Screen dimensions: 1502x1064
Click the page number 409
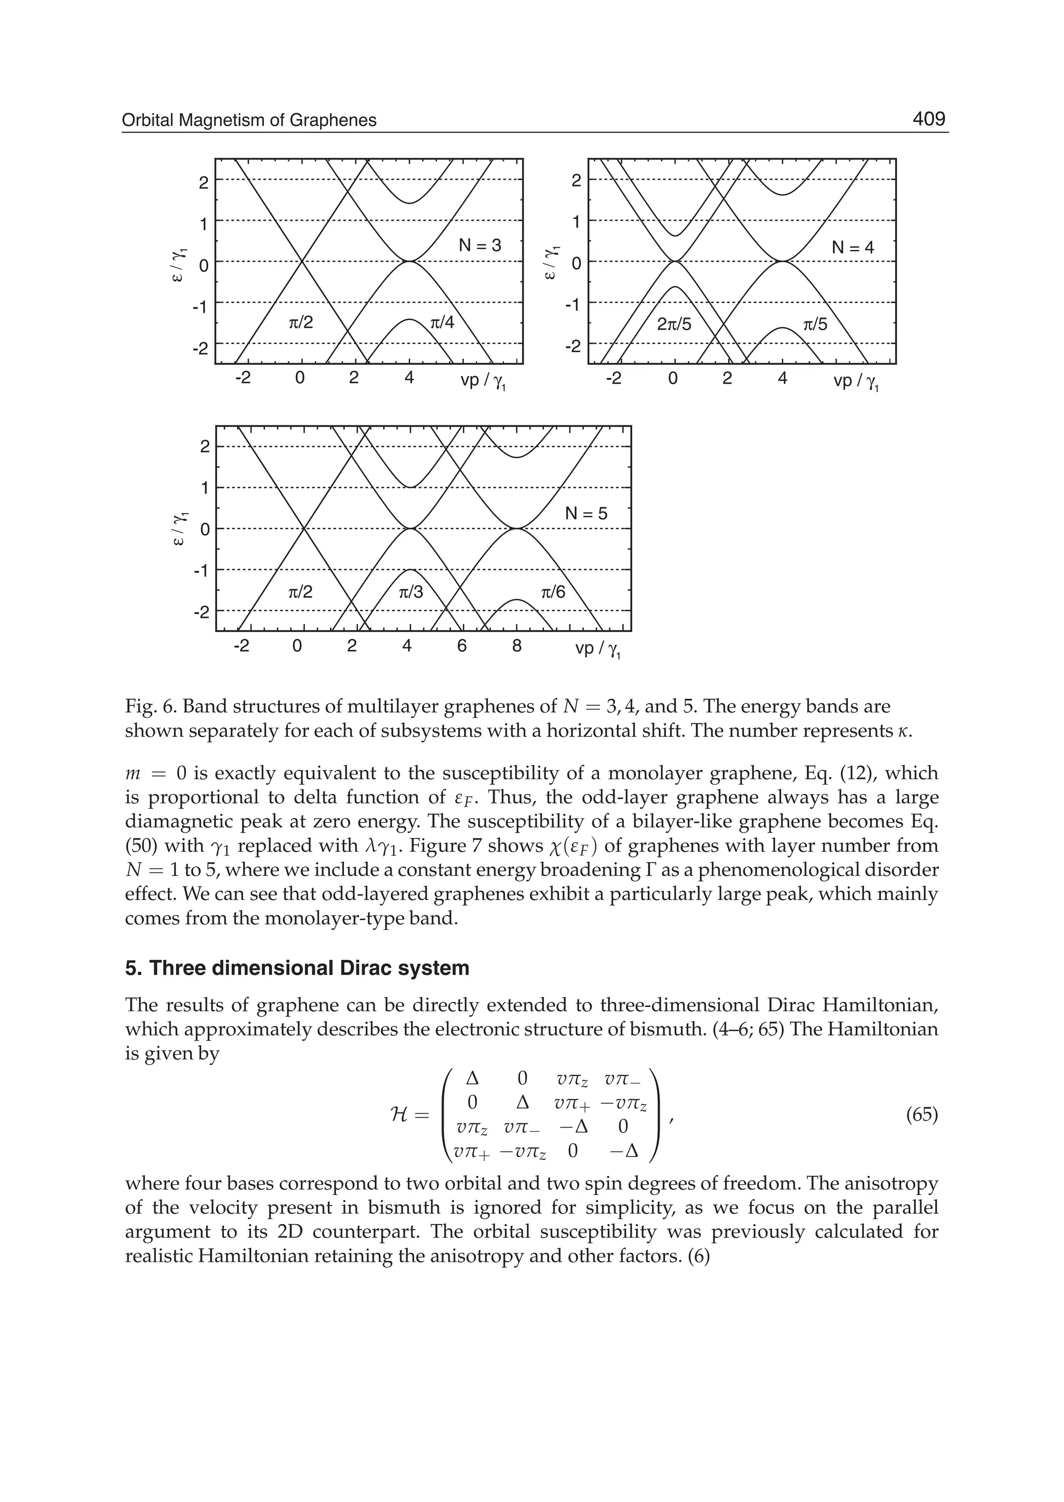point(929,119)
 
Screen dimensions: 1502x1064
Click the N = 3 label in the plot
point(480,246)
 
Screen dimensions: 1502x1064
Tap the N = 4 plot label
point(853,248)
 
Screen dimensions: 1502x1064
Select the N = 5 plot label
point(586,514)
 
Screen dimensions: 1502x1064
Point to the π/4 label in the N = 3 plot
point(442,323)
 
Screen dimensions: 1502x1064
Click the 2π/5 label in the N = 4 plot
point(674,324)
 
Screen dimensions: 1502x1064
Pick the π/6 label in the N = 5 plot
point(552,593)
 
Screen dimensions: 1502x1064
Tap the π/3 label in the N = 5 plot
point(411,593)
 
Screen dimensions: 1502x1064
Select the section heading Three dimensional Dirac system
point(297,968)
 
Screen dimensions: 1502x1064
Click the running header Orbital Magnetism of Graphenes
point(249,120)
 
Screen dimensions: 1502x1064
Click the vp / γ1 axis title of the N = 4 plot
point(856,382)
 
